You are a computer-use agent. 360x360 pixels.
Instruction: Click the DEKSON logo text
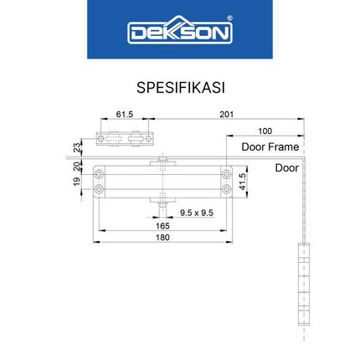pos(179,33)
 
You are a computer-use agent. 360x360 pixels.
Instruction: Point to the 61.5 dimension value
pos(125,114)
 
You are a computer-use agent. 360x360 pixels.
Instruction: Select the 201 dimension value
pos(224,114)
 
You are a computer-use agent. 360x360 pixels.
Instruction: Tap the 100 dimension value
pos(265,131)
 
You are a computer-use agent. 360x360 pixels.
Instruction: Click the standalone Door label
pos(286,167)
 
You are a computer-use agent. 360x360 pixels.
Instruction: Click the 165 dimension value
pos(162,225)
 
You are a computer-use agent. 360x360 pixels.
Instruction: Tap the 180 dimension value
pos(162,237)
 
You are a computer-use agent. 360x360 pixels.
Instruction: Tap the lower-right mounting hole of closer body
pos(225,188)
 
